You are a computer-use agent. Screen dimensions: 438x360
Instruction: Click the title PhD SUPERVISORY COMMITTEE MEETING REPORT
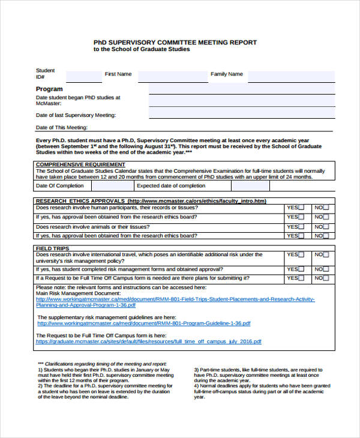175,42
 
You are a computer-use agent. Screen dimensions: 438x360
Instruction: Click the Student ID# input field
83,77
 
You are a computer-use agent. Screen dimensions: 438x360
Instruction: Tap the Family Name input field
290,77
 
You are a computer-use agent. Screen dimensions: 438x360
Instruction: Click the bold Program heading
49,89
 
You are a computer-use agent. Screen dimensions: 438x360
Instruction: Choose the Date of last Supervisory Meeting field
241,113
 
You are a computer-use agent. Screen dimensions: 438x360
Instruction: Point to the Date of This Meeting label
62,127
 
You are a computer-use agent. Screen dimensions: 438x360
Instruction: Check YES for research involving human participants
301,208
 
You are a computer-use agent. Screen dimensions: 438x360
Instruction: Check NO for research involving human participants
326,208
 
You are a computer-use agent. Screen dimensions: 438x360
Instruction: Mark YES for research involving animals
301,227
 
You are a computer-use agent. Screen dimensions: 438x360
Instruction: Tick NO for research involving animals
326,227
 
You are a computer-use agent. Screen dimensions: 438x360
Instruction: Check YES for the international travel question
301,255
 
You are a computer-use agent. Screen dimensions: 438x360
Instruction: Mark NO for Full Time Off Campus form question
326,278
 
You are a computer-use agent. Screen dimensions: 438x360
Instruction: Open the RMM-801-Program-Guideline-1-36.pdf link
143,323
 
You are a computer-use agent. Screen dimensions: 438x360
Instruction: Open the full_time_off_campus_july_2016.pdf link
148,341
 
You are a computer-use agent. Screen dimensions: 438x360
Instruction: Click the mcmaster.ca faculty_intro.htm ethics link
197,201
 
